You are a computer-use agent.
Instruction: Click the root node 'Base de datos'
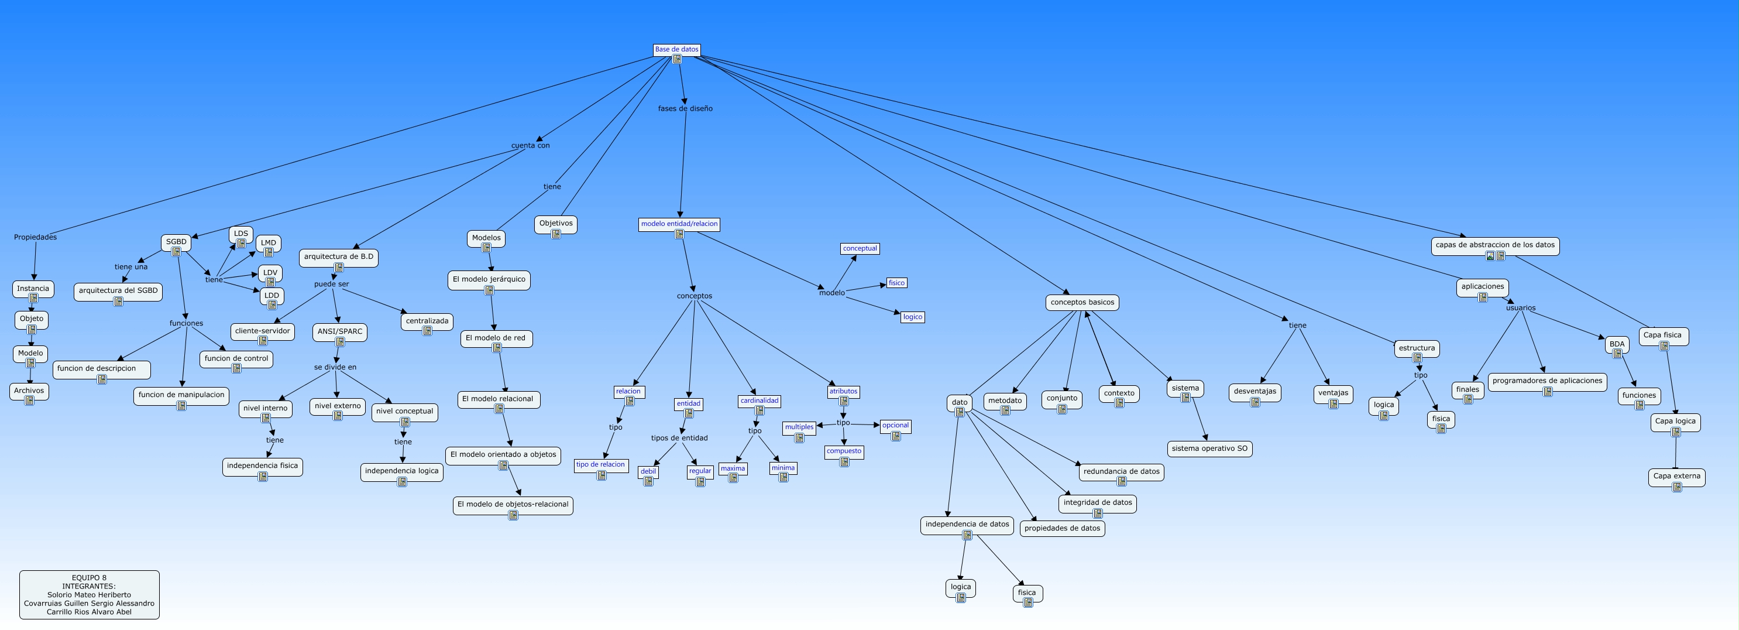point(676,50)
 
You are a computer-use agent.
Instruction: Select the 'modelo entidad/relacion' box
point(679,224)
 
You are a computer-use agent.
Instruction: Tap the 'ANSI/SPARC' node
point(339,332)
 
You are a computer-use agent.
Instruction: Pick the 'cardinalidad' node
point(759,401)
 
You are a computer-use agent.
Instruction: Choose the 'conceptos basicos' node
point(1082,303)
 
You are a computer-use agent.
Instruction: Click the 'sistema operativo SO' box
point(1209,449)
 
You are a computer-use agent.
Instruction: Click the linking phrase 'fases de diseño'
point(685,109)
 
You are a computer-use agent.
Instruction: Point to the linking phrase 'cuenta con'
point(531,146)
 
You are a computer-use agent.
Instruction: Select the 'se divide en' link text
point(335,367)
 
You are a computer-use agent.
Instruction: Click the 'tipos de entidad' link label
point(679,438)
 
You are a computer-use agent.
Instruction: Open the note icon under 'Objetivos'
point(556,234)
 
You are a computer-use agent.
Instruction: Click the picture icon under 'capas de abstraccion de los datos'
point(1490,256)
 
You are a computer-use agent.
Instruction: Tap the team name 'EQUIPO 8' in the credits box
point(89,578)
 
